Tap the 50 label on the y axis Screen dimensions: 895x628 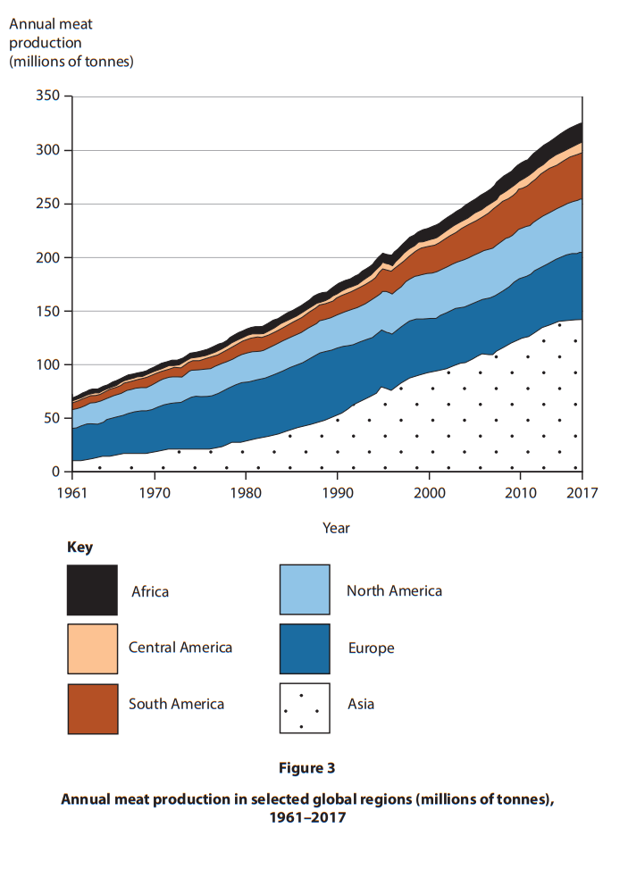(51, 418)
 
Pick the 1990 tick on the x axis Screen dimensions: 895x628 (338, 475)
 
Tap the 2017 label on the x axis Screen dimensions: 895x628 (582, 493)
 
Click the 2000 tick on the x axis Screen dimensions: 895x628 (430, 475)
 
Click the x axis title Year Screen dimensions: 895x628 (336, 528)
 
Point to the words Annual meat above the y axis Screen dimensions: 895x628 (50, 24)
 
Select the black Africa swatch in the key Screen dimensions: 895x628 (92, 590)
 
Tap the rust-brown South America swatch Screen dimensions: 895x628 (92, 708)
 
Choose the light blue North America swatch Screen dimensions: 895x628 (305, 590)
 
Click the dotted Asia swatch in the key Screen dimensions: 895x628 (305, 708)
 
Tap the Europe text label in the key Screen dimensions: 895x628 (371, 648)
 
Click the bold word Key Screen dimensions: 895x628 (80, 548)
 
